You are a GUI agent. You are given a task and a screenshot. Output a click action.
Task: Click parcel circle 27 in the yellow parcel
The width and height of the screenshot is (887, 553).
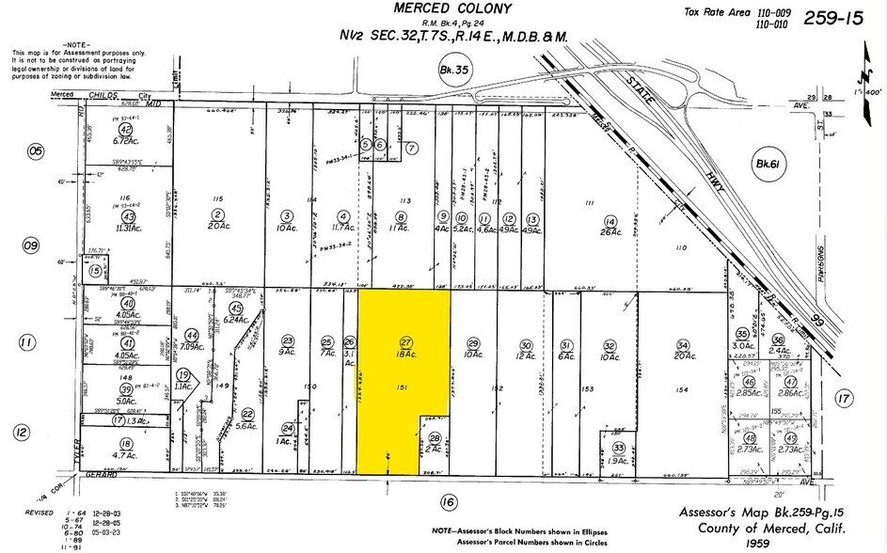click(406, 342)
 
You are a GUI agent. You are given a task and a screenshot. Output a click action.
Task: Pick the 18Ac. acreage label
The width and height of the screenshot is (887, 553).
click(406, 355)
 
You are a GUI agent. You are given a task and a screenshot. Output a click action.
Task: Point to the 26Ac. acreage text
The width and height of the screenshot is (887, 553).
click(610, 229)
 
